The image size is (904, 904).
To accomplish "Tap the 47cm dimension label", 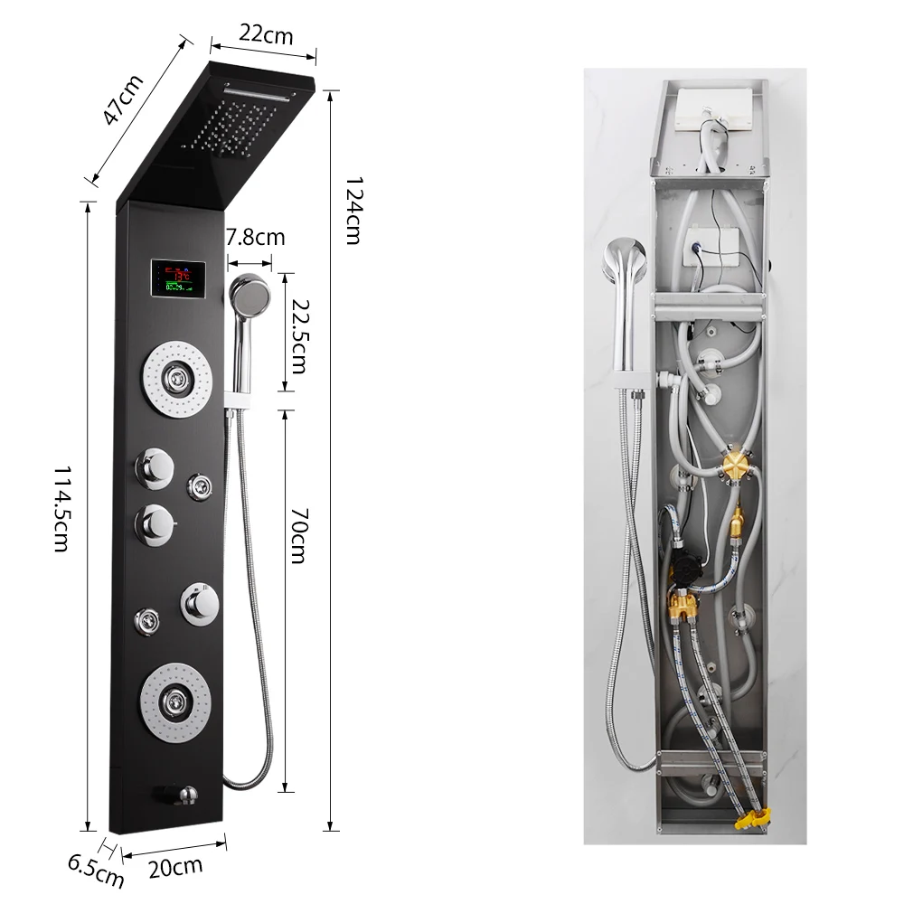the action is click(x=122, y=99).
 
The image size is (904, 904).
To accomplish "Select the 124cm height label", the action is click(x=353, y=211).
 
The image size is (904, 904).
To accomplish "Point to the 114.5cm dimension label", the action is click(x=61, y=508).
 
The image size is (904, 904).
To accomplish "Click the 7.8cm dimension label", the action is click(x=255, y=237).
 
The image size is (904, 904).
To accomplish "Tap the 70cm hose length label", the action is click(x=298, y=535).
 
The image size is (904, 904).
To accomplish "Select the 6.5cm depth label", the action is click(x=96, y=870).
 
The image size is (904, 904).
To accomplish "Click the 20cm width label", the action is click(x=175, y=867).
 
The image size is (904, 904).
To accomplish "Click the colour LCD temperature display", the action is click(x=178, y=279).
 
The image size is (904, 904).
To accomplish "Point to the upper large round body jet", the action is click(x=177, y=379).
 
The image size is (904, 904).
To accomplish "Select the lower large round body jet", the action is click(x=175, y=702).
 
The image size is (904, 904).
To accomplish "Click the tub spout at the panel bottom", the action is click(x=177, y=796).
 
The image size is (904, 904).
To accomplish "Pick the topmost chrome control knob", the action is click(x=155, y=468).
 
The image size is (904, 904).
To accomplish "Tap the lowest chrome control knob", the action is click(x=200, y=604).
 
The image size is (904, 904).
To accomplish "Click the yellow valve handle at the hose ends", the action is click(x=752, y=817).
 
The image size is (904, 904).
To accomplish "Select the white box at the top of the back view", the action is click(x=714, y=111).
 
